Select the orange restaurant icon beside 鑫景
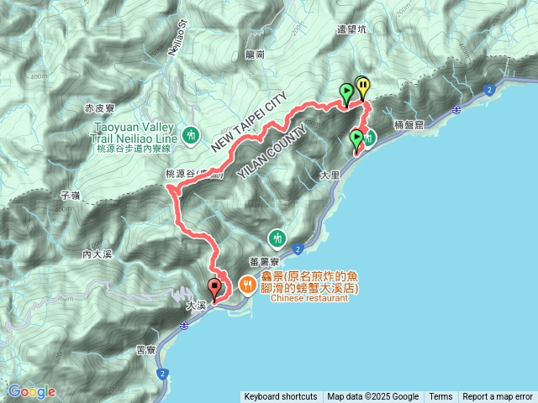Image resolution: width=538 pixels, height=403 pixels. [x=247, y=285]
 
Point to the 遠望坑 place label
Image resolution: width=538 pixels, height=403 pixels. [x=351, y=29]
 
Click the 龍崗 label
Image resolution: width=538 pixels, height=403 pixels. [x=256, y=54]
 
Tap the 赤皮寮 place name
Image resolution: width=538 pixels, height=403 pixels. [x=100, y=109]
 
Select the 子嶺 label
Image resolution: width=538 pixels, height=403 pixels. [x=70, y=195]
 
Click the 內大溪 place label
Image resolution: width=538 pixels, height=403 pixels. [x=98, y=254]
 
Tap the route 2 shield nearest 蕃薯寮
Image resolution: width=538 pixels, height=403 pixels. [x=298, y=248]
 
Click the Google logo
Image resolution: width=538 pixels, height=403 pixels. [x=32, y=391]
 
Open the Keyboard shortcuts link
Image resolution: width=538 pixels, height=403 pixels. [x=281, y=397]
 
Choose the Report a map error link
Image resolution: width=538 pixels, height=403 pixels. [x=498, y=397]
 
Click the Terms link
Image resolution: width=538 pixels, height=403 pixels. [x=440, y=397]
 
